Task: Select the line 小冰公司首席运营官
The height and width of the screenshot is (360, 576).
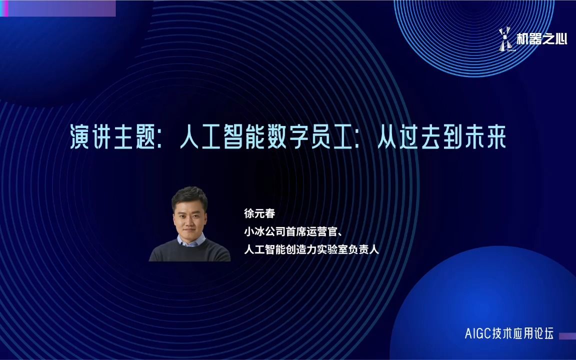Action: [x=292, y=231]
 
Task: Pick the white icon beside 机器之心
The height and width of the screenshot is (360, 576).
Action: [x=504, y=38]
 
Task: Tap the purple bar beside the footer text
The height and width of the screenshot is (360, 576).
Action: [x=567, y=336]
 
